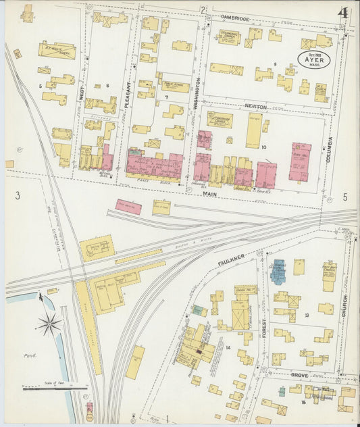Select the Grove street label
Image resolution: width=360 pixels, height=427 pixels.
[299, 374]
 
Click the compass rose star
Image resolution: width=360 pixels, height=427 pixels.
[49, 324]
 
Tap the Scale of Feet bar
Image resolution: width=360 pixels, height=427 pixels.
[55, 388]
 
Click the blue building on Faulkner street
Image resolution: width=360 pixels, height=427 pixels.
[278, 270]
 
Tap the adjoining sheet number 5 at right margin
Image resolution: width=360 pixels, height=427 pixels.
[345, 197]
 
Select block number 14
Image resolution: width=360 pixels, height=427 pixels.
[228, 347]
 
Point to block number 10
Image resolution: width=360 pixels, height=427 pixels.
[264, 147]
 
